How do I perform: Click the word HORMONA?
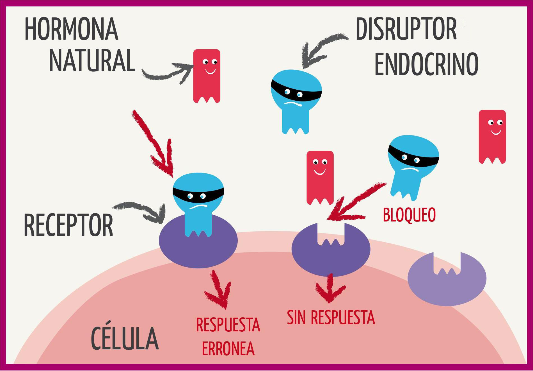click(x=71, y=29)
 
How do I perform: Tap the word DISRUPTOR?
click(x=406, y=29)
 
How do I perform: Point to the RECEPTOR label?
click(x=68, y=225)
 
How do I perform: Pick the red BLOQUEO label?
click(x=409, y=215)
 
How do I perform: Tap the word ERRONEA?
click(x=228, y=349)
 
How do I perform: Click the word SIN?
click(x=296, y=318)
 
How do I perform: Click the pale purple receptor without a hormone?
click(x=447, y=287)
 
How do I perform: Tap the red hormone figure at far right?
click(x=492, y=137)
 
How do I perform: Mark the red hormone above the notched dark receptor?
click(x=320, y=177)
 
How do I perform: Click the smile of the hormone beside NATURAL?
click(x=210, y=71)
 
